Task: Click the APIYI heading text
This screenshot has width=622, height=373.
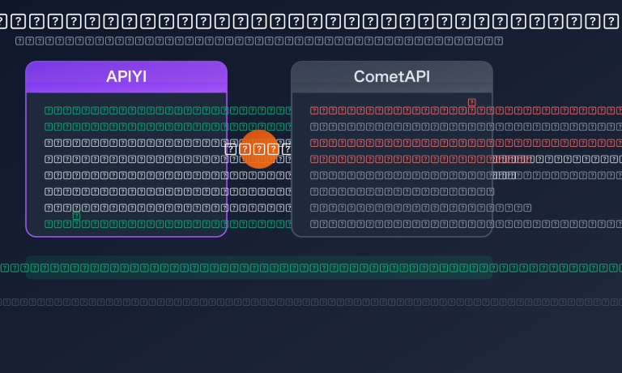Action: (126, 77)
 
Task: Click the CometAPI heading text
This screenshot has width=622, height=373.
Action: (392, 77)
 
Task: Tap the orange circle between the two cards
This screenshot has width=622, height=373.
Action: (259, 148)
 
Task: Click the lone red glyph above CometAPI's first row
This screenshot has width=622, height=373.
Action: (471, 102)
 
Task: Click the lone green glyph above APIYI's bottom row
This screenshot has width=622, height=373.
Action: (76, 216)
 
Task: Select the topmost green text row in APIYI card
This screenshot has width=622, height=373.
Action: (162, 110)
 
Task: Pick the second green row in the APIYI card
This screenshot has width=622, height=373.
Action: (162, 126)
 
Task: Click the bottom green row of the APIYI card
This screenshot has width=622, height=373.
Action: (162, 224)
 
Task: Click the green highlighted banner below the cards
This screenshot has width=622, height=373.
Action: (259, 268)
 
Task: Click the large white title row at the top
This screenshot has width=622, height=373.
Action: (311, 21)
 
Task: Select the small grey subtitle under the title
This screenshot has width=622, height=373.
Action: (259, 41)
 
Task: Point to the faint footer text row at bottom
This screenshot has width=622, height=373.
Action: (311, 302)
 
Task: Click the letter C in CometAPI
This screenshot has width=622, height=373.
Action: (360, 77)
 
